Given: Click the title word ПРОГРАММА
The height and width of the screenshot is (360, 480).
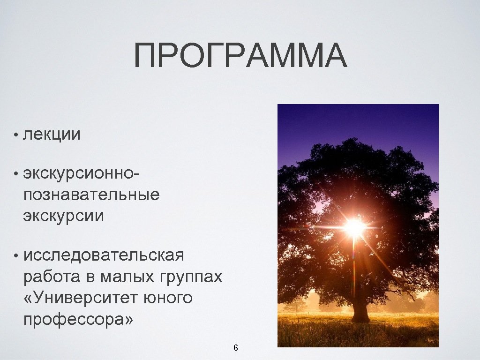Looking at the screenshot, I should [x=240, y=56].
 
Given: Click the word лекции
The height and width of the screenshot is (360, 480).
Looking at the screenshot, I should [x=52, y=135].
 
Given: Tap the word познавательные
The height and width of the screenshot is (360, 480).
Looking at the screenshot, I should [x=91, y=194].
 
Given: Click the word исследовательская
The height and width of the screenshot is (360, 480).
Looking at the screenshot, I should [x=104, y=256].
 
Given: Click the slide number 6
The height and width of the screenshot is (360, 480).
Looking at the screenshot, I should [x=236, y=348].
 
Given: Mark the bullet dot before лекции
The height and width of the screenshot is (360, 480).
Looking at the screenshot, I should [x=16, y=135].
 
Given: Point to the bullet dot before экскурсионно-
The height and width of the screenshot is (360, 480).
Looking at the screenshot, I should [x=16, y=174].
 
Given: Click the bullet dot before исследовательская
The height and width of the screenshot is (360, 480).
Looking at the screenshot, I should [x=16, y=257].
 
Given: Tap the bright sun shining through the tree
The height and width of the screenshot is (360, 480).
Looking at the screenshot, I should [x=354, y=228].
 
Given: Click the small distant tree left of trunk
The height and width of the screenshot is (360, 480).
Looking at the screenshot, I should [x=296, y=302].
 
